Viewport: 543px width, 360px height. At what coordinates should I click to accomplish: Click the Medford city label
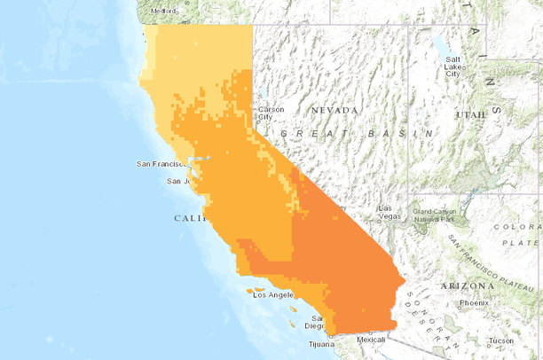[x=165, y=12]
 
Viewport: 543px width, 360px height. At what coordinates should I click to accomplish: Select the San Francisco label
[x=161, y=164]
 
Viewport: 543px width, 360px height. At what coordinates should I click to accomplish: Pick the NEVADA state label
[x=334, y=110]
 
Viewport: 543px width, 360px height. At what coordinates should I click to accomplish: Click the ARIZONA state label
[x=467, y=286]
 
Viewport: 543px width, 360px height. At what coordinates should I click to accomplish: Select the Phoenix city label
[x=474, y=303]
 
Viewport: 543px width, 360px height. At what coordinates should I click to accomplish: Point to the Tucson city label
[x=500, y=340]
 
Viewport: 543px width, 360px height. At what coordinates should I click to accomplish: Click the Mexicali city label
[x=373, y=339]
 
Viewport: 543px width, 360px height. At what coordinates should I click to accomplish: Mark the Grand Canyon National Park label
[x=435, y=215]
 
